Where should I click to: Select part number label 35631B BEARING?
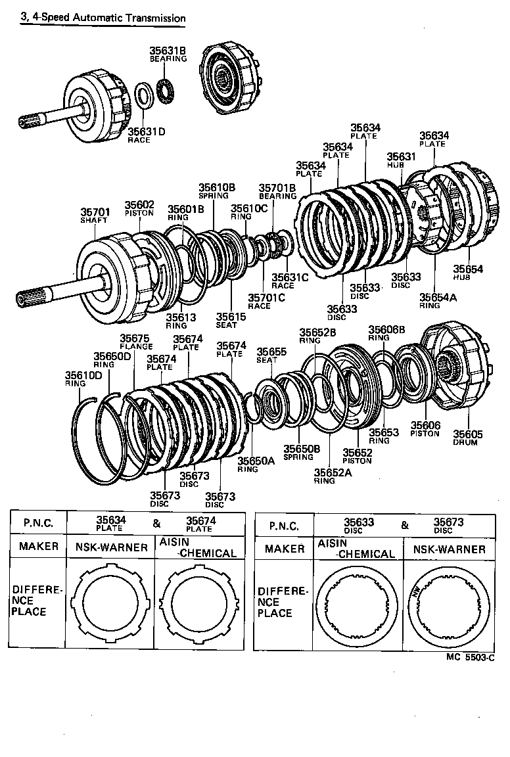(x=168, y=53)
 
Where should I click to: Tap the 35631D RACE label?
(x=146, y=135)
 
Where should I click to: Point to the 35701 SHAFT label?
(x=95, y=216)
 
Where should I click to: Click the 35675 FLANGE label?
(x=137, y=342)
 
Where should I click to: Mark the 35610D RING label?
(x=83, y=379)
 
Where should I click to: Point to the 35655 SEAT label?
(x=271, y=355)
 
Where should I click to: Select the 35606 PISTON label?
(x=425, y=429)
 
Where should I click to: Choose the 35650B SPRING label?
(x=301, y=452)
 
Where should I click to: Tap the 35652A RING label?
(x=333, y=476)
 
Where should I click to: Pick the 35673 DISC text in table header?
(x=448, y=525)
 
